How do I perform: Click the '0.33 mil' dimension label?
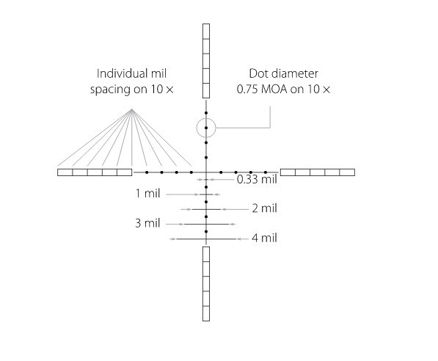click(257, 179)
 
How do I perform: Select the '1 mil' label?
click(147, 194)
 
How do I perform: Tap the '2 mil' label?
click(264, 208)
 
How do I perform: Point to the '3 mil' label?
click(147, 223)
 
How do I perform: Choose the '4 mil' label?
click(264, 238)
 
